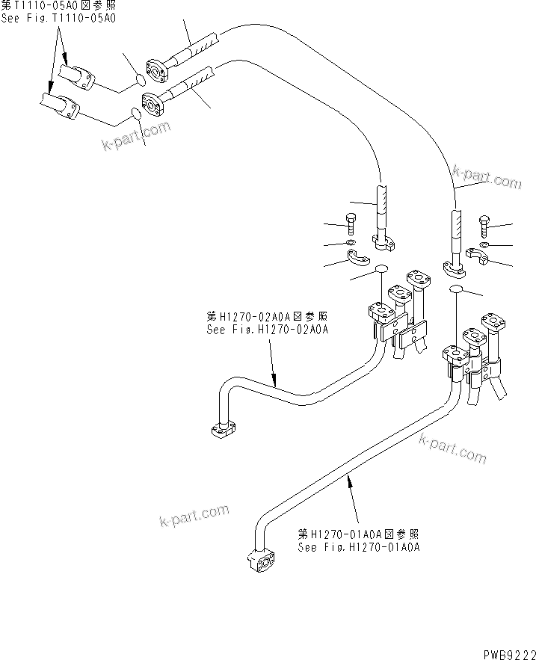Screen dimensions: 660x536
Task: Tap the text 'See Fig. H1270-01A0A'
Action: [359, 547]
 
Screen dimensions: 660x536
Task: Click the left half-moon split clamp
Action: [359, 259]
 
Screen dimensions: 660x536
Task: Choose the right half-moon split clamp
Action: [474, 257]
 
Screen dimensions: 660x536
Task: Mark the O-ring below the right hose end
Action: [458, 289]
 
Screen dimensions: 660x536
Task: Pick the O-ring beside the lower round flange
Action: [136, 113]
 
